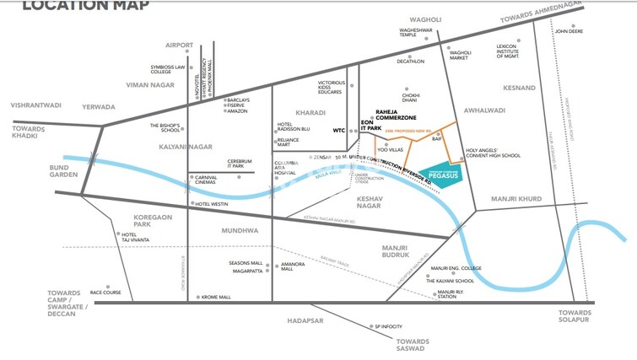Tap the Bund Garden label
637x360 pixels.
pos(40,172)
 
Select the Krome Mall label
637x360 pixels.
pos(216,297)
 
